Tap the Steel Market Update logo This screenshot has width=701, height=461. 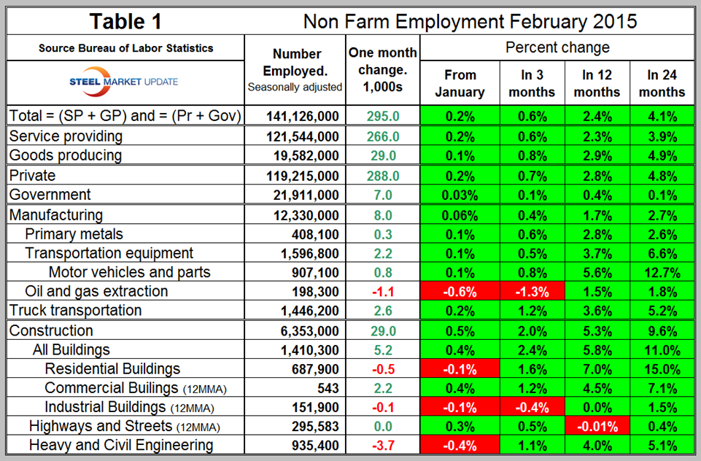click(124, 81)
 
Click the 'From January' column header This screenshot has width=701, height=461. click(460, 83)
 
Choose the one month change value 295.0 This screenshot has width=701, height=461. click(383, 116)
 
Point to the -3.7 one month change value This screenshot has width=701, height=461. click(383, 445)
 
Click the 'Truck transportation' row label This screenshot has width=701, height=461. click(75, 310)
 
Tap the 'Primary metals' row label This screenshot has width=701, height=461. click(74, 234)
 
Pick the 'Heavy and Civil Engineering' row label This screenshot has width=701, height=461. click(121, 445)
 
